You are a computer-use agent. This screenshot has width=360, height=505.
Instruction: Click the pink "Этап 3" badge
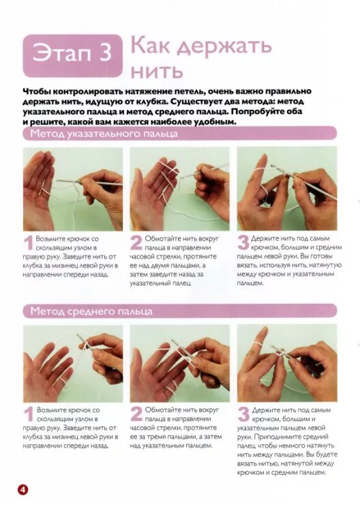tap(73, 56)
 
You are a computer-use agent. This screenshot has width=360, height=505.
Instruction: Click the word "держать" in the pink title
tap(224, 46)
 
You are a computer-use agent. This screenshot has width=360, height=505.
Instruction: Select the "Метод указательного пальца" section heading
tap(104, 133)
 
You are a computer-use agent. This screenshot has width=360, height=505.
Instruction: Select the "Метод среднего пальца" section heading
tap(91, 311)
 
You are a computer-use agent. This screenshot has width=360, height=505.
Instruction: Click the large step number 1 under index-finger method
tap(29, 243)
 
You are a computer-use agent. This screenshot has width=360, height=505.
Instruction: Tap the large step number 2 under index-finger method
tap(136, 243)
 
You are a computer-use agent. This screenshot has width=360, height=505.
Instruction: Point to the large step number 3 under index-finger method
tap(243, 243)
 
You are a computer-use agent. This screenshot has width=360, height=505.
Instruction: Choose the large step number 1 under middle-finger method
tap(29, 414)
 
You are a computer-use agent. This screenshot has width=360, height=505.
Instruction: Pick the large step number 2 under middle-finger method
tap(136, 414)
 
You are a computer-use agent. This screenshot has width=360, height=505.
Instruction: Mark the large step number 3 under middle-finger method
tap(243, 414)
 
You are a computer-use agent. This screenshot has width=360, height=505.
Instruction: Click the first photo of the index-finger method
tap(73, 189)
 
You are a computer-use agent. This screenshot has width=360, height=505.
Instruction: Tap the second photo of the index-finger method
tap(180, 189)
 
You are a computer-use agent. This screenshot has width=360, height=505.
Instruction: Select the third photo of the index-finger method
tap(287, 189)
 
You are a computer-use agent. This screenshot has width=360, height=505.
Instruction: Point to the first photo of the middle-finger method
tap(73, 363)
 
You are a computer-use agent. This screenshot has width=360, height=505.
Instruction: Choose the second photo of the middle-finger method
tap(180, 363)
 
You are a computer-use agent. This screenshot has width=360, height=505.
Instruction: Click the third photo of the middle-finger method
tap(287, 363)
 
